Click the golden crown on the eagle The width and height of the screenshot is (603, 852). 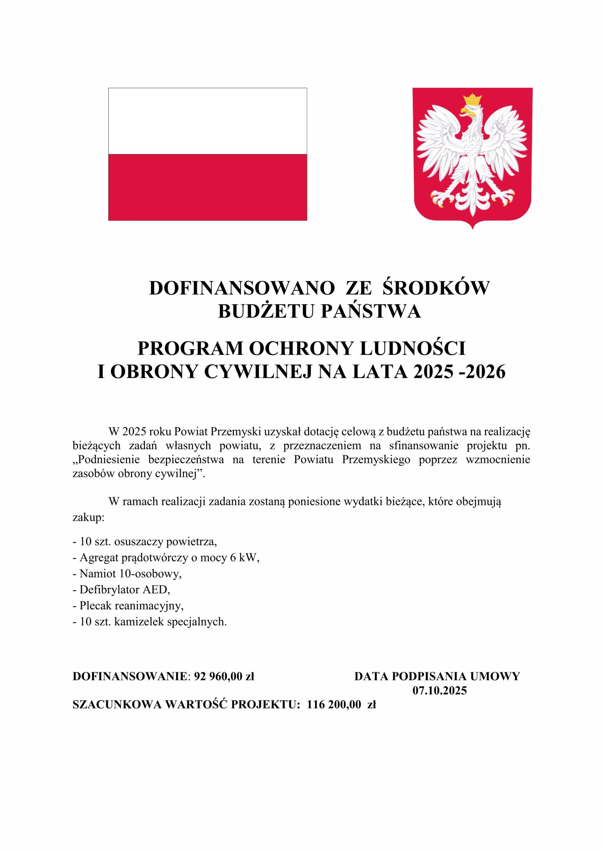coord(472,100)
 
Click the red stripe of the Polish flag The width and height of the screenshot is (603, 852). coord(208,187)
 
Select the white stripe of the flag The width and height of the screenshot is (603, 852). coord(208,121)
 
